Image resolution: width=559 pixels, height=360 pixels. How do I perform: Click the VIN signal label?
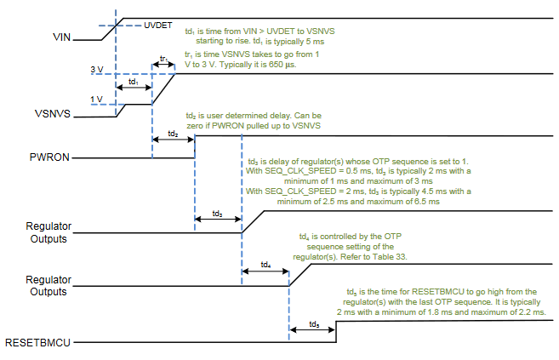(61, 37)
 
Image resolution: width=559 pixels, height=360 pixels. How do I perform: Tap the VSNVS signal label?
(53, 114)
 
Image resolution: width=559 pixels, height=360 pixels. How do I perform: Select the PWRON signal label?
(49, 157)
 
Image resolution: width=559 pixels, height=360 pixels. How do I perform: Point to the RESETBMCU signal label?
(37, 342)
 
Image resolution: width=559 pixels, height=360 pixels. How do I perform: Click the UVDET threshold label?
(158, 26)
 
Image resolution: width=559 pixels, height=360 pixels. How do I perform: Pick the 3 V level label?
(97, 70)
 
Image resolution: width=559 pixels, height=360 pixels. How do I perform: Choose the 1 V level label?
(97, 100)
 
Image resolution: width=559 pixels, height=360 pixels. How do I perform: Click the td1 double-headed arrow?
(134, 88)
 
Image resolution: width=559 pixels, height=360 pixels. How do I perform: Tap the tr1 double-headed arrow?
(163, 65)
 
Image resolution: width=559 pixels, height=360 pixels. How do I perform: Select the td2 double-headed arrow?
(174, 139)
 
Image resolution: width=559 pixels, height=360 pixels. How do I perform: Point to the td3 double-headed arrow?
(218, 219)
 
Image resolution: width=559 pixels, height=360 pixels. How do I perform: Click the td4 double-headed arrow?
(265, 271)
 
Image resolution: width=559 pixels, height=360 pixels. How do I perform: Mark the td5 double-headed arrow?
(312, 329)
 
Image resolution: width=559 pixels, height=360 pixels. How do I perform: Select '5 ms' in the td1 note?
(315, 42)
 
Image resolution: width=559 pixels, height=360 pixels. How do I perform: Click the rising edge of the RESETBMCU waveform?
(336, 332)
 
